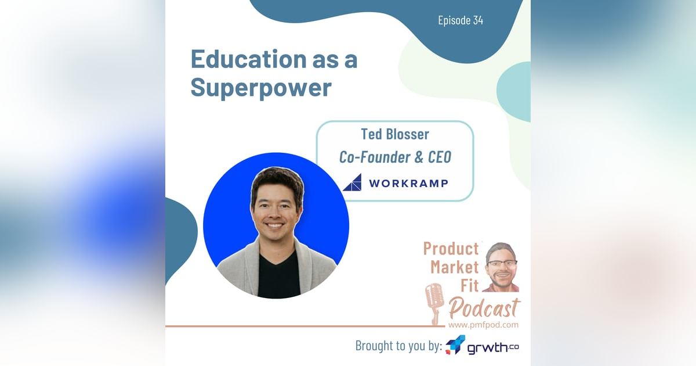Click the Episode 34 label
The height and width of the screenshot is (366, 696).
click(x=461, y=21)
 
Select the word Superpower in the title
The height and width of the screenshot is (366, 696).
click(x=261, y=87)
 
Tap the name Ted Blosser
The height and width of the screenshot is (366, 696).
click(x=394, y=134)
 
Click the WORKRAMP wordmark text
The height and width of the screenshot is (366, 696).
click(x=408, y=183)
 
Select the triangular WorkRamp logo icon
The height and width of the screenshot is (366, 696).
click(x=352, y=182)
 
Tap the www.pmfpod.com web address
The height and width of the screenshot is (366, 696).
click(x=483, y=325)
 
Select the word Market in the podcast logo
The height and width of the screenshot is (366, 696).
click(x=454, y=267)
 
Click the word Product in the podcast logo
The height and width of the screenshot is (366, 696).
click(x=451, y=249)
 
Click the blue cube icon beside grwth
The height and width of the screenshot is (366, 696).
click(x=455, y=345)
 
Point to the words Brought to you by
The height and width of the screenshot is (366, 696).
click(x=398, y=346)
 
